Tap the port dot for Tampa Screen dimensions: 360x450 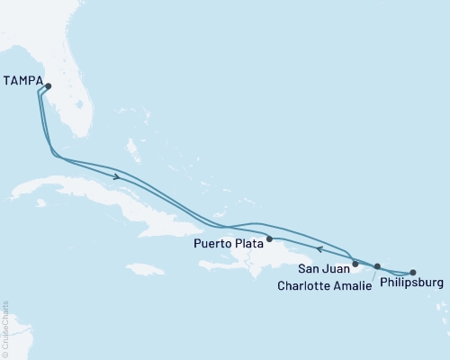49,87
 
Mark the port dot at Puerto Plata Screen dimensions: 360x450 269,239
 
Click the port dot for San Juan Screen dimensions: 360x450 355,264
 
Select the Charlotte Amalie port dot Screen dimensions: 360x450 377,266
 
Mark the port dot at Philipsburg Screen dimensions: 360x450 413,272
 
